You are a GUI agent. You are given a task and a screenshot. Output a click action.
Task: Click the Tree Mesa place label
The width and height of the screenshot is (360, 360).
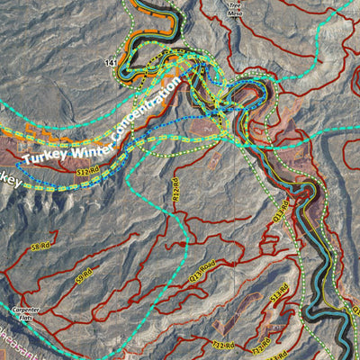click(235, 9)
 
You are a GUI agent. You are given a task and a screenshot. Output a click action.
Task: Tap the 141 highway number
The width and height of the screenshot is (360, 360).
click(111, 63)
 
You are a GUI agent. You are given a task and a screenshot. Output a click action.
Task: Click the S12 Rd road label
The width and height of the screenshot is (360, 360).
click(86, 170)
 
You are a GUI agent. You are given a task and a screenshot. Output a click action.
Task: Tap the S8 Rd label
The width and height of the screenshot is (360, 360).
click(40, 246)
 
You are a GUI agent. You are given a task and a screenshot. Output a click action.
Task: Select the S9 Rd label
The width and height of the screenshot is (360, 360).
click(84, 274)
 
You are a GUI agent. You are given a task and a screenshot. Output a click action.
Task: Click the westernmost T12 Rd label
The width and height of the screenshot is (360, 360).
click(222, 344)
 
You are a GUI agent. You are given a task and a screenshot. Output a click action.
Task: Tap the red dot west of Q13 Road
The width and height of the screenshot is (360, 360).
click(183, 244)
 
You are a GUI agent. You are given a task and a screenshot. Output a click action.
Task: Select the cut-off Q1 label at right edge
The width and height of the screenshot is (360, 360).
click(355, 311)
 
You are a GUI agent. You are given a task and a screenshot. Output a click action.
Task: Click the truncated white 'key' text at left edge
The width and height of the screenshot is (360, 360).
click(9, 179)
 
